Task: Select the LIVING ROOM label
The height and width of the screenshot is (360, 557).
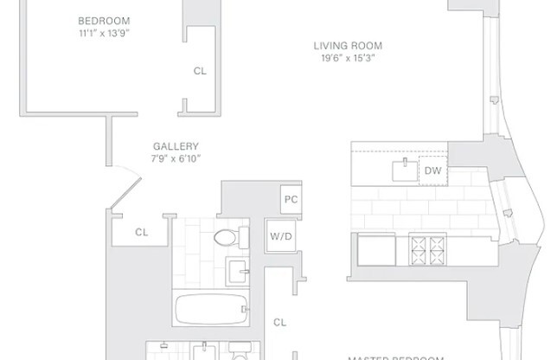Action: click(x=347, y=46)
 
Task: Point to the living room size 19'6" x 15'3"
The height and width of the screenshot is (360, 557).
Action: click(x=347, y=58)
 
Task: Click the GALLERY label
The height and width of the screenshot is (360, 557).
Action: click(x=176, y=146)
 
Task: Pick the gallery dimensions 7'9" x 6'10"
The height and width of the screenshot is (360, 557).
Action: click(x=176, y=158)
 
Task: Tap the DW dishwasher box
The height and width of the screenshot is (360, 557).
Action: click(x=432, y=171)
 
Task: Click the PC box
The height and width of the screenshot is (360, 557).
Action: click(x=291, y=199)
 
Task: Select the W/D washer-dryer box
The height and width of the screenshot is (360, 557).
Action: click(x=279, y=235)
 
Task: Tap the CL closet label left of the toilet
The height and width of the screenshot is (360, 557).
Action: click(x=141, y=232)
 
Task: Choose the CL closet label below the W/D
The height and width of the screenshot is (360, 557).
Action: click(x=279, y=322)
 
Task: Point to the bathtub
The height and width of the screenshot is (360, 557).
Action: click(x=213, y=309)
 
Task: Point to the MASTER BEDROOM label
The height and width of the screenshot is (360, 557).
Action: click(x=396, y=357)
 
